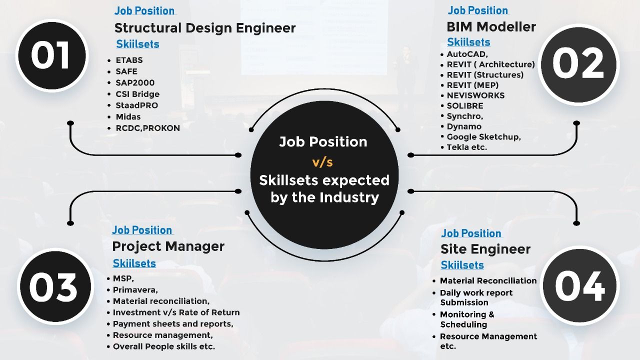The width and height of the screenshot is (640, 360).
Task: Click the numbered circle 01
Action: pos(51,55)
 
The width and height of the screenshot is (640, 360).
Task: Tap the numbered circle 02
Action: pos(578,65)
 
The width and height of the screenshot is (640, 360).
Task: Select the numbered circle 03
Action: pos(55,286)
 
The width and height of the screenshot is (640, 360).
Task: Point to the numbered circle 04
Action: pos(579,285)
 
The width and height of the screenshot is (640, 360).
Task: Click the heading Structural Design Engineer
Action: pos(205,28)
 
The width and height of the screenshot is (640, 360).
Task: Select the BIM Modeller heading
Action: pos(491,27)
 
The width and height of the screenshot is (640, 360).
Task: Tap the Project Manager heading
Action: pos(168,246)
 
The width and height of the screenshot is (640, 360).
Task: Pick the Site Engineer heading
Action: pos(485,249)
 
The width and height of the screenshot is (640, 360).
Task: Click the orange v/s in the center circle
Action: pos(322,162)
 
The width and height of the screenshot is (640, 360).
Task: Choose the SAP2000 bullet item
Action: pos(135,83)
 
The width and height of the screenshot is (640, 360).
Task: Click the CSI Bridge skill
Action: pos(137,94)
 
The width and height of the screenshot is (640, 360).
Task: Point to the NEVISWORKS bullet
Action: pos(475,95)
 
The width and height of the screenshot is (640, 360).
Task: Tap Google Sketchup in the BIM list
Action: pos(483,137)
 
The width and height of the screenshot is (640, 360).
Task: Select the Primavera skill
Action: pos(135,290)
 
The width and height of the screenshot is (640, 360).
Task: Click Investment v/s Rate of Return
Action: pos(176,312)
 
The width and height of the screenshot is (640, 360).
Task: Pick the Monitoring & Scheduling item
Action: pos(467,319)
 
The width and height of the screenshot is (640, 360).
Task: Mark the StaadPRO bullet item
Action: pos(136,105)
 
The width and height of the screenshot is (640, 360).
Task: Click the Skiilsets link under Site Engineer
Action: pos(462,265)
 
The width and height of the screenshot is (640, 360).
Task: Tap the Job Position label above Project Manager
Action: pos(142,230)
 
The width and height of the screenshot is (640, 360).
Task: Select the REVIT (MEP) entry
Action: pos(472,85)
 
